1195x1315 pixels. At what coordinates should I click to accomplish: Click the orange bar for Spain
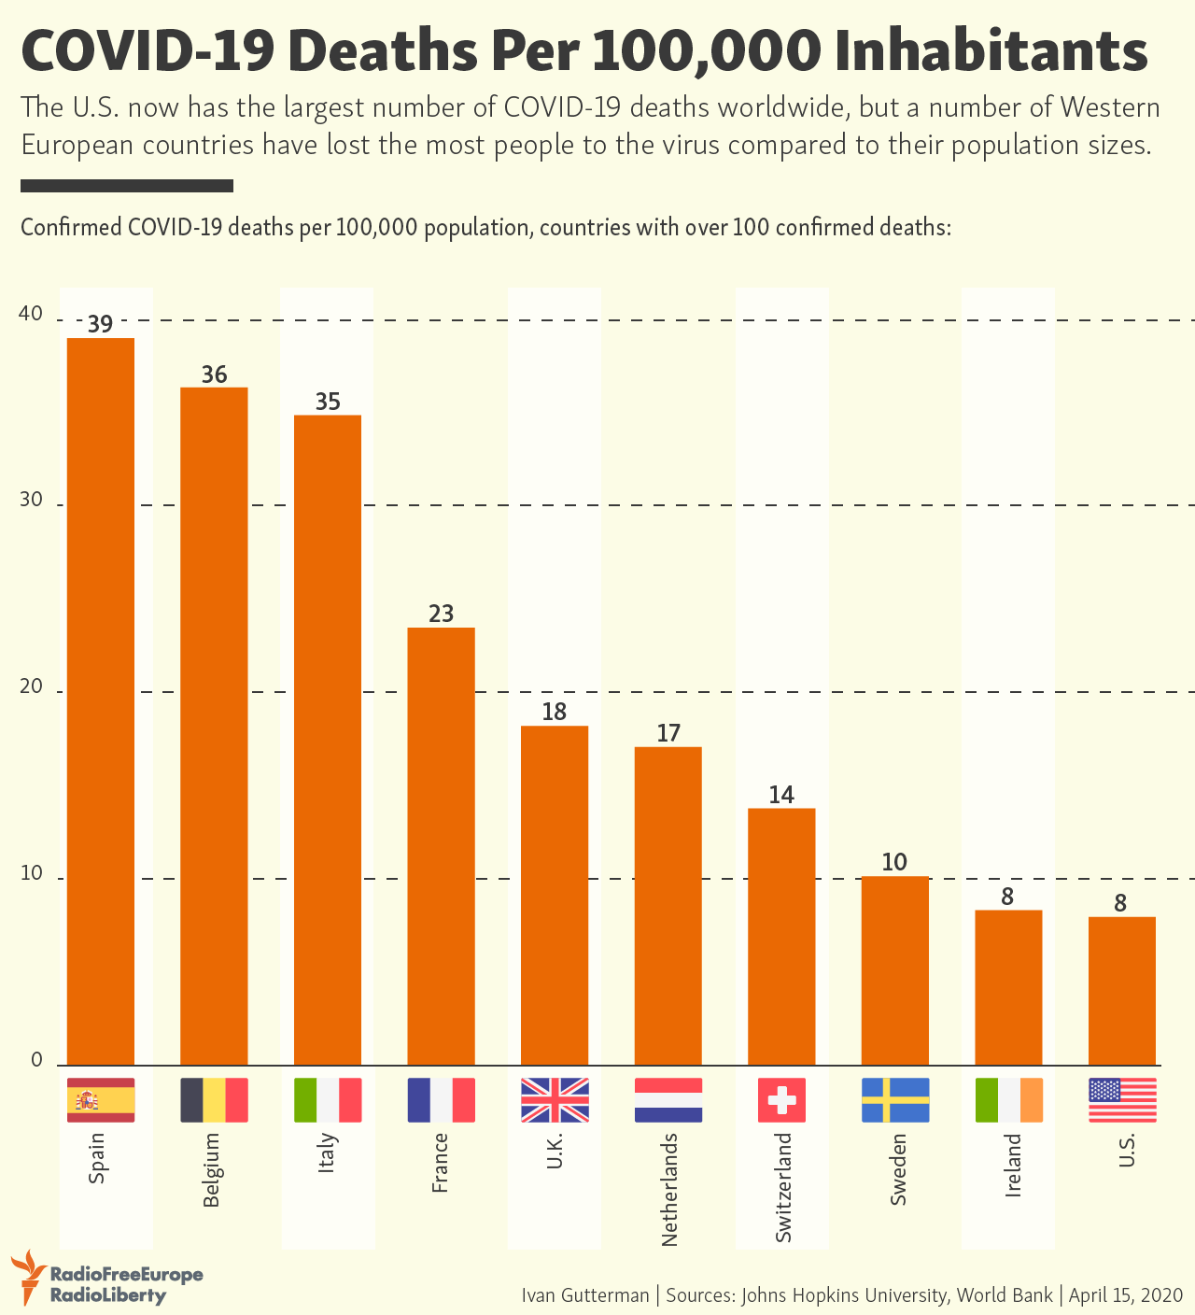[x=101, y=700]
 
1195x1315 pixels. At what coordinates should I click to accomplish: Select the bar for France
[x=441, y=845]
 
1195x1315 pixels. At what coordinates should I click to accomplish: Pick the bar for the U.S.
[x=1122, y=990]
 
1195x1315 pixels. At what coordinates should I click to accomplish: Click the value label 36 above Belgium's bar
[x=215, y=375]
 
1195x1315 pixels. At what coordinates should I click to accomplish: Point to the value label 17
[x=668, y=733]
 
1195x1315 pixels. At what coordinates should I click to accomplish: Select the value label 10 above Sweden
[x=894, y=862]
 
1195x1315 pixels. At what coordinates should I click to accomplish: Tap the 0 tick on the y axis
[x=37, y=1060]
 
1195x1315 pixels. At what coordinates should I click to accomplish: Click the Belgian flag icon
[x=214, y=1100]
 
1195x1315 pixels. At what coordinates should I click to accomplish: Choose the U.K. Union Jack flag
[x=555, y=1100]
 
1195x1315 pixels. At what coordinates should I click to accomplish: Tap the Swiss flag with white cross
[x=781, y=1100]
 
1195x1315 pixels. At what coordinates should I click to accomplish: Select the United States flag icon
[x=1122, y=1100]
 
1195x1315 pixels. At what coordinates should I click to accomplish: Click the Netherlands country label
[x=668, y=1188]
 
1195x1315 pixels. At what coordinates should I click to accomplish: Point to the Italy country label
[x=327, y=1152]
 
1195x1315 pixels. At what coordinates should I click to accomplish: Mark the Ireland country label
[x=1013, y=1165]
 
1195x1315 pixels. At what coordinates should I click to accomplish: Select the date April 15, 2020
[x=1126, y=1295]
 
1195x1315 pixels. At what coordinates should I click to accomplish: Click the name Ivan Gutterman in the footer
[x=584, y=1295]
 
